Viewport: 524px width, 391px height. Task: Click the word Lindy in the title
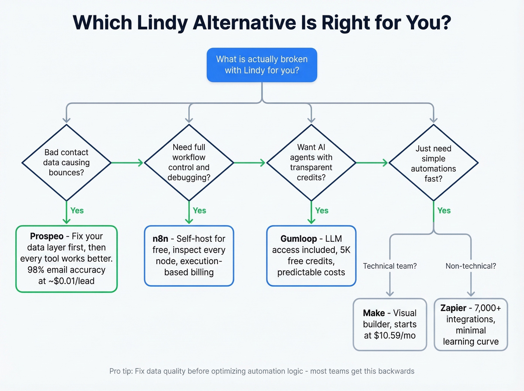click(162, 22)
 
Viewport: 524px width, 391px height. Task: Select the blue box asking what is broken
click(262, 65)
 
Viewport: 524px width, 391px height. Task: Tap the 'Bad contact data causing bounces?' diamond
click(66, 162)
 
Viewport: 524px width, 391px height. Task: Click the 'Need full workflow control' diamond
click(189, 162)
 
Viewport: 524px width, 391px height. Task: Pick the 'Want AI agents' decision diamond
click(311, 162)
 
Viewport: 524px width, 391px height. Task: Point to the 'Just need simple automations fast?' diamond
click(433, 163)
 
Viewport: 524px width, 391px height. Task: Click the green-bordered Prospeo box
click(66, 259)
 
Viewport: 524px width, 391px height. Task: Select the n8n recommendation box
click(189, 256)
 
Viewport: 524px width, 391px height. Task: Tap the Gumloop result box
click(311, 256)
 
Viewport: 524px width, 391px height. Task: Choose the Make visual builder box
click(390, 324)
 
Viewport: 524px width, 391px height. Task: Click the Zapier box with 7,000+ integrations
click(470, 324)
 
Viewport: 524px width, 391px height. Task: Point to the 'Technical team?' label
click(390, 266)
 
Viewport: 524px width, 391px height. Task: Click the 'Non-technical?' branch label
click(470, 266)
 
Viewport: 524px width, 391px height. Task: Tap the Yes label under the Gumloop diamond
click(322, 211)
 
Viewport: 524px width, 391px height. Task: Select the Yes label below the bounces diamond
click(77, 211)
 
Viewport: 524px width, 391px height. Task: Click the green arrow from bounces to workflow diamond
click(127, 163)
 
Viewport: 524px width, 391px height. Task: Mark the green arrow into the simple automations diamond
click(372, 163)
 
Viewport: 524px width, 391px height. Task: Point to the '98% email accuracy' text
click(66, 270)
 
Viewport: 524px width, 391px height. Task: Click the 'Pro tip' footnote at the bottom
click(262, 371)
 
